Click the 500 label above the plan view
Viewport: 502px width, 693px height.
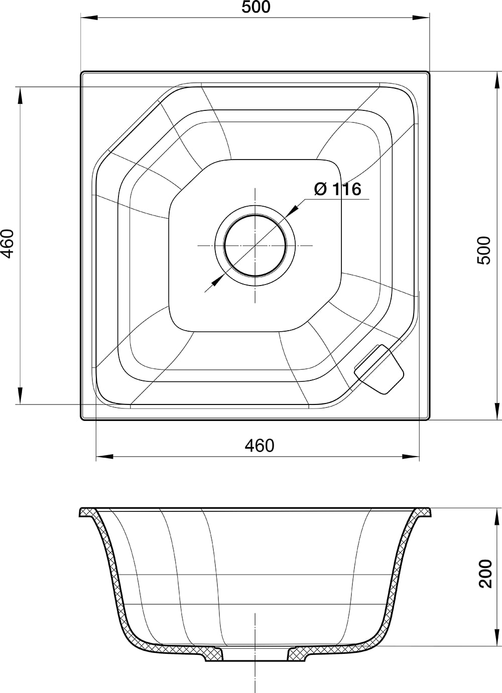point(256,8)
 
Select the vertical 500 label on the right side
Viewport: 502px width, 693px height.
point(484,250)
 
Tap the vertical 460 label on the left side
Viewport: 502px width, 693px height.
point(8,244)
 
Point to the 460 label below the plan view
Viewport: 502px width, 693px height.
point(259,445)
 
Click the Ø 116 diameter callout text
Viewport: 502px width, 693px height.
point(337,189)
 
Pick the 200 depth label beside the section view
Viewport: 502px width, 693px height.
point(485,573)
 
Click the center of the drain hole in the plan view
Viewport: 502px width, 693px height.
point(255,245)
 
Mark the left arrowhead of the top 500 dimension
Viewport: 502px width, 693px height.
point(88,19)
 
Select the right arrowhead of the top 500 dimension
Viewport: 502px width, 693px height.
point(422,19)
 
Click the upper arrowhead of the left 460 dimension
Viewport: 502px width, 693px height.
point(20,95)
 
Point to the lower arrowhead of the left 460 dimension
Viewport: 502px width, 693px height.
point(20,395)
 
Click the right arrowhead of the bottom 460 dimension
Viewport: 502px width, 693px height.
point(412,457)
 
